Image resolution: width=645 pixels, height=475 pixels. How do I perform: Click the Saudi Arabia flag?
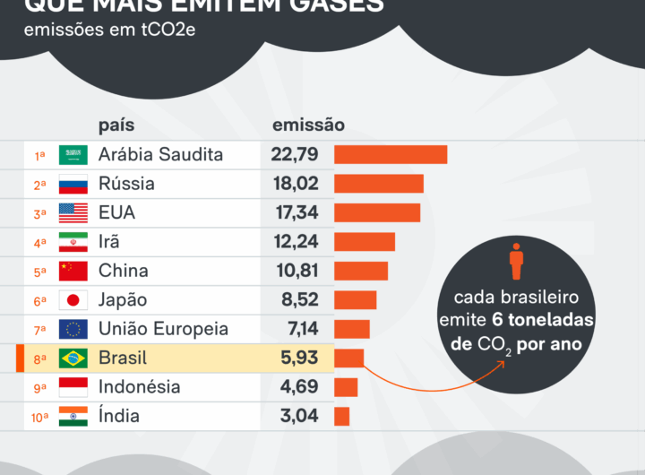pyautogui.click(x=73, y=155)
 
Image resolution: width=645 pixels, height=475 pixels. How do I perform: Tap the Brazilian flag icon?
pyautogui.click(x=73, y=358)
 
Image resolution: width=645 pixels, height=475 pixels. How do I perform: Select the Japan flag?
pyautogui.click(x=73, y=300)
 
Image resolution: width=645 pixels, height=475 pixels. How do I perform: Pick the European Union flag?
pyautogui.click(x=73, y=329)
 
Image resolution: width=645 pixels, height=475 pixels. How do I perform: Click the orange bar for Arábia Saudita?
pyautogui.click(x=391, y=155)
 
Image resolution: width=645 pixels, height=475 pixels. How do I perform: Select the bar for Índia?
pyautogui.click(x=342, y=416)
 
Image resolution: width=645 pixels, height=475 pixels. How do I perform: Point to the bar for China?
pyautogui.click(x=361, y=271)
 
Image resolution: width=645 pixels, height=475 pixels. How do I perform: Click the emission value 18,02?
pyautogui.click(x=295, y=184)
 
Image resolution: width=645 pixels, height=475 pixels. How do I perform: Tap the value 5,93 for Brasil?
pyautogui.click(x=299, y=358)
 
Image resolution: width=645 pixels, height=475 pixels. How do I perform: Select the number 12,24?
pyautogui.click(x=295, y=242)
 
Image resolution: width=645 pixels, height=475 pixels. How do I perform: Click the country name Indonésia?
pyautogui.click(x=139, y=387)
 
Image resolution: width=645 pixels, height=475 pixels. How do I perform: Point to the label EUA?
pyautogui.click(x=117, y=213)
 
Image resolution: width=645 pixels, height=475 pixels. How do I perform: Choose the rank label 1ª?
pyautogui.click(x=40, y=156)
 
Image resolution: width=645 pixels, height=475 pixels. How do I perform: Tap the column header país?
pyautogui.click(x=116, y=125)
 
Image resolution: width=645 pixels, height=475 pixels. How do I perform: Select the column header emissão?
pyautogui.click(x=308, y=125)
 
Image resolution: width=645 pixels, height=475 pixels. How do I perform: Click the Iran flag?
pyautogui.click(x=73, y=242)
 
